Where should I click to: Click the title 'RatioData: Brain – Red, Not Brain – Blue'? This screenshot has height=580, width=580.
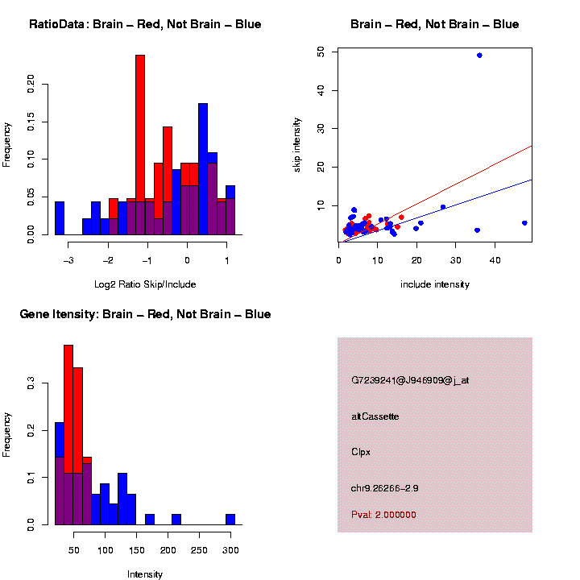pyautogui.click(x=145, y=25)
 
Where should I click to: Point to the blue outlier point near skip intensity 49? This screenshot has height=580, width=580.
pyautogui.click(x=479, y=56)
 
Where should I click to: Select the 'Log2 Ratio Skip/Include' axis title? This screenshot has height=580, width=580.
pyautogui.click(x=145, y=284)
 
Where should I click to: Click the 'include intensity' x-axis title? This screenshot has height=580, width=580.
pyautogui.click(x=435, y=284)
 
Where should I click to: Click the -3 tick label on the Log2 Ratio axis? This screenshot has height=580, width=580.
pyautogui.click(x=69, y=260)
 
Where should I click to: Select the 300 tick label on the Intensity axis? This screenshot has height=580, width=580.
pyautogui.click(x=231, y=551)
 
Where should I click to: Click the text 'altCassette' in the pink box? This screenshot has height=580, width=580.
pyautogui.click(x=375, y=416)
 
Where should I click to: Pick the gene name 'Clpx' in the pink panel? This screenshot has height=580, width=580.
pyautogui.click(x=361, y=452)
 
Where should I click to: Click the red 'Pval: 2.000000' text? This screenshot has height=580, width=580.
pyautogui.click(x=384, y=515)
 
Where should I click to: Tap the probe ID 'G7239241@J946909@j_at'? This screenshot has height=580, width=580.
pyautogui.click(x=410, y=380)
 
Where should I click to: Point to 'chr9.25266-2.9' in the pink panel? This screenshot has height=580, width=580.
pyautogui.click(x=385, y=488)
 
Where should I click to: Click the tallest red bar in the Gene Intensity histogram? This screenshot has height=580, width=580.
pyautogui.click(x=68, y=403)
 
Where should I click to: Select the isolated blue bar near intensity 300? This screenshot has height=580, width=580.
pyautogui.click(x=230, y=520)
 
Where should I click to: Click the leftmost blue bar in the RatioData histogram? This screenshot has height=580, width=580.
pyautogui.click(x=60, y=218)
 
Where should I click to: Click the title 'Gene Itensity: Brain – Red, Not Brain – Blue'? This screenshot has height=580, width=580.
pyautogui.click(x=145, y=314)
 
